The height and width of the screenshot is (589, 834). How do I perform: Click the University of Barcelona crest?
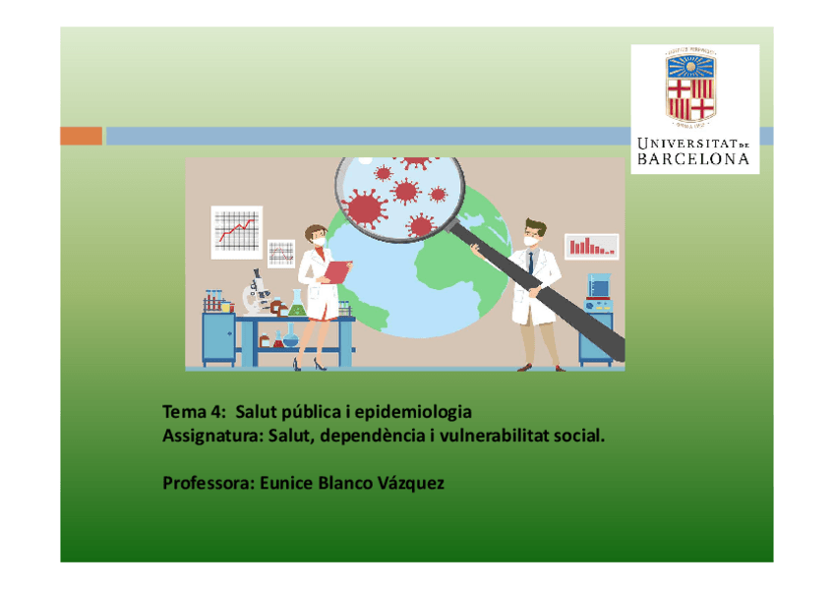[693, 88]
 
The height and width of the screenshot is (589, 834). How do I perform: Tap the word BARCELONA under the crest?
[694, 158]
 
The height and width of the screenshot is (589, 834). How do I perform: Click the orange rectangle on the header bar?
[81, 136]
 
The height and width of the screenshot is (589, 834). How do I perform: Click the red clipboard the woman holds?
[337, 270]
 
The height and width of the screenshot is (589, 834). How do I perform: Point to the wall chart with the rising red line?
[236, 230]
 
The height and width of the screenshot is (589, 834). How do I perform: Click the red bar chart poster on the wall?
[591, 246]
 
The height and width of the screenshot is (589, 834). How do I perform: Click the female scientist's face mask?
[320, 239]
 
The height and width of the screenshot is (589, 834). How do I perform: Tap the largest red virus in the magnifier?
[365, 207]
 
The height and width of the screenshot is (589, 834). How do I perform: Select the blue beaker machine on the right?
[598, 287]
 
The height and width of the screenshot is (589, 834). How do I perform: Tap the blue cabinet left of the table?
[218, 338]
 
